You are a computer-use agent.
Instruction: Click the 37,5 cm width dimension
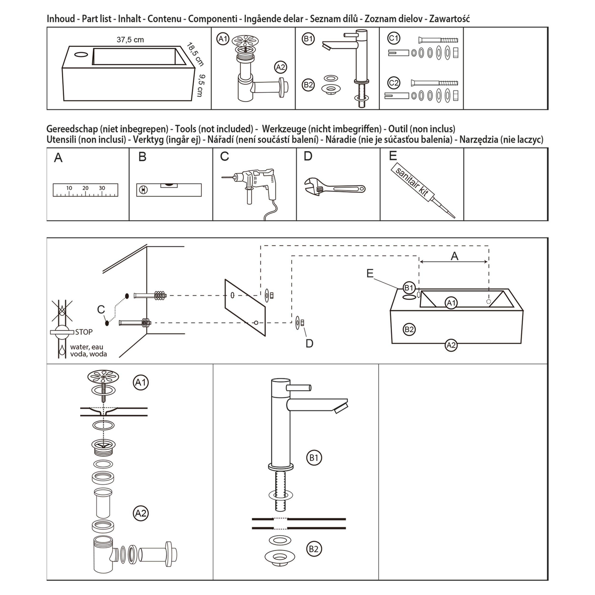click(130, 40)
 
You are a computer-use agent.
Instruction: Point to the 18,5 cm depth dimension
click(195, 54)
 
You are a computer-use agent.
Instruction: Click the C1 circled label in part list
click(394, 38)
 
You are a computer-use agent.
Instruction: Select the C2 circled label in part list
click(394, 83)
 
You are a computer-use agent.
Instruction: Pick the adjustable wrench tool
click(334, 187)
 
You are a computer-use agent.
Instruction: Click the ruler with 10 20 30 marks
click(85, 190)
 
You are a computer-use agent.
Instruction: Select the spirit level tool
click(169, 190)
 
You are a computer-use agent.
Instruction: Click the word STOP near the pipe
click(84, 332)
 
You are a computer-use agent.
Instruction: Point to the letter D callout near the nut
click(309, 344)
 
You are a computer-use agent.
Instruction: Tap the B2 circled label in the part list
click(308, 85)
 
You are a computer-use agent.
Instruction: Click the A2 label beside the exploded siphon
click(141, 513)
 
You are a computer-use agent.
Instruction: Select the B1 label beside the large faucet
click(314, 458)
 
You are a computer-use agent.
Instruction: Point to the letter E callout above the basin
click(370, 273)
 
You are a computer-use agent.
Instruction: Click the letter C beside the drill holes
click(101, 309)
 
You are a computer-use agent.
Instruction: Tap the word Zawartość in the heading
click(449, 19)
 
